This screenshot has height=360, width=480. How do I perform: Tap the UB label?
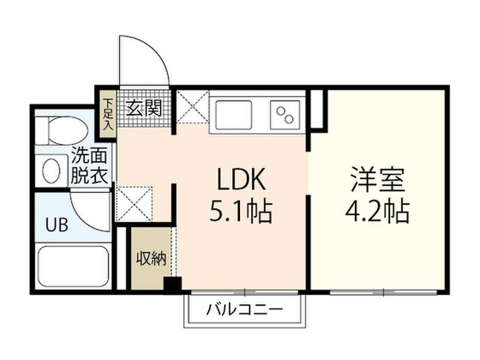(x=57, y=225)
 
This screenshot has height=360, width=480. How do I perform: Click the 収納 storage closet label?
(x=151, y=259)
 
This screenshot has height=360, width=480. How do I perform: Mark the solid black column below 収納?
(x=172, y=285)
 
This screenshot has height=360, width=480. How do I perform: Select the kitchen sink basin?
(x=234, y=114)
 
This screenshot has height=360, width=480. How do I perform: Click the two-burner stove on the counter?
(x=285, y=114)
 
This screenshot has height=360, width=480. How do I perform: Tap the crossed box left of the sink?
(x=192, y=106)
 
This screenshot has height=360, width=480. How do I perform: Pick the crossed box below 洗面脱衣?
(x=134, y=203)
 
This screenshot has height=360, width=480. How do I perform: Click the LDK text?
(x=241, y=180)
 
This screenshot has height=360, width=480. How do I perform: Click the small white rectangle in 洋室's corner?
(x=317, y=109)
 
